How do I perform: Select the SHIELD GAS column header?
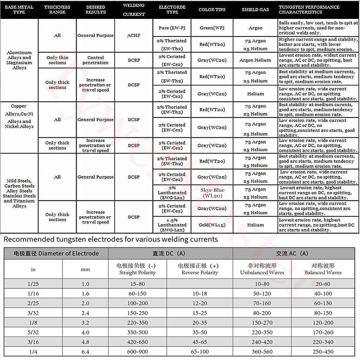(x=256, y=9)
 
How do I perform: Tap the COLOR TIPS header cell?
(x=212, y=9)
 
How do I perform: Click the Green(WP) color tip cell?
(x=212, y=28)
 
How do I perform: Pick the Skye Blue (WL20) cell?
(x=212, y=193)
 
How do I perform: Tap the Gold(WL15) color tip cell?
(x=212, y=225)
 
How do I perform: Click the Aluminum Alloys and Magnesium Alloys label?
(x=19, y=60)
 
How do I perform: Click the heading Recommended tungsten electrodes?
(x=111, y=238)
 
